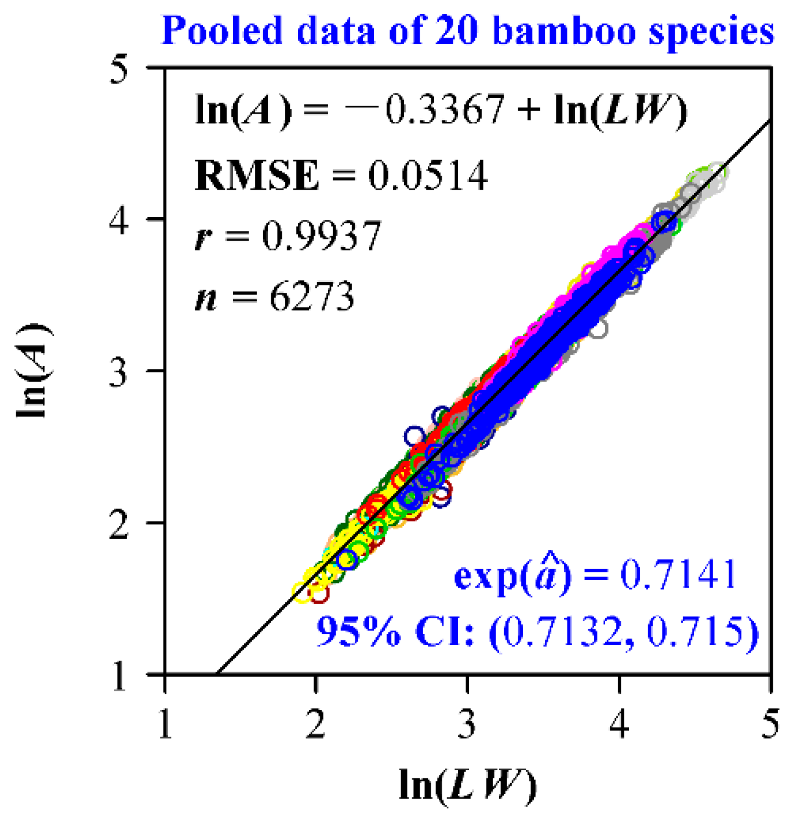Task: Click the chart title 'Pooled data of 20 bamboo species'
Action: tap(467, 30)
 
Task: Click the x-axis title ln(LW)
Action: tap(467, 786)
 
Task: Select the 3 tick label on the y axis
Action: tap(121, 371)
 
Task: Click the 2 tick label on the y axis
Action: tap(121, 523)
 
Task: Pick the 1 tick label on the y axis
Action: tap(121, 675)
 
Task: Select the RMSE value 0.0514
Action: tap(428, 175)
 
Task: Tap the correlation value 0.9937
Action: tap(322, 236)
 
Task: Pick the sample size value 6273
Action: tap(312, 297)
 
